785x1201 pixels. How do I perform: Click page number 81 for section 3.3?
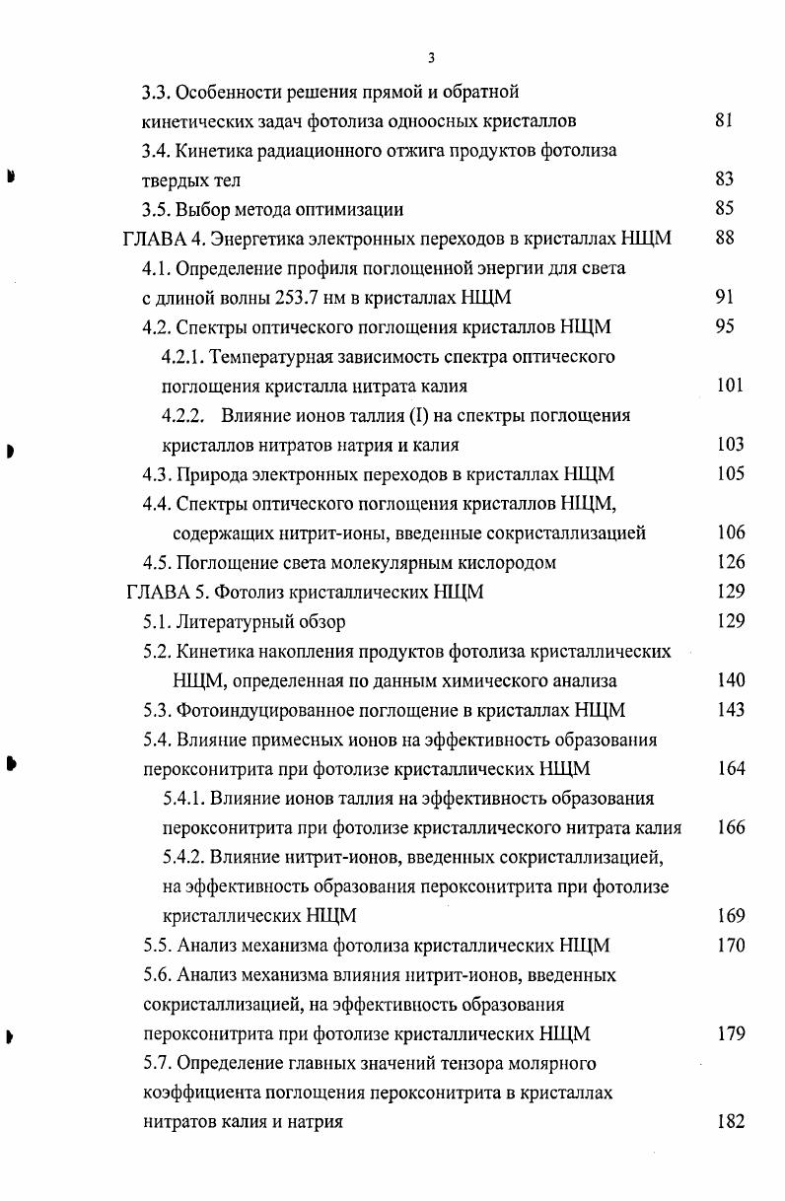(724, 121)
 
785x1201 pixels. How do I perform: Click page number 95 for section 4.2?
(724, 327)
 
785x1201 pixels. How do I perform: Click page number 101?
(730, 386)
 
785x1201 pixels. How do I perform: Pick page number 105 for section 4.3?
(730, 474)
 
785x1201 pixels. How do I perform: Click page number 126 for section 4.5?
(730, 563)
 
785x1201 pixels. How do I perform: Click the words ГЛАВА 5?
(167, 593)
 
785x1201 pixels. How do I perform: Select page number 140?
(730, 680)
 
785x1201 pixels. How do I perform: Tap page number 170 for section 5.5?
(730, 946)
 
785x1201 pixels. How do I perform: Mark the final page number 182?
(730, 1122)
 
